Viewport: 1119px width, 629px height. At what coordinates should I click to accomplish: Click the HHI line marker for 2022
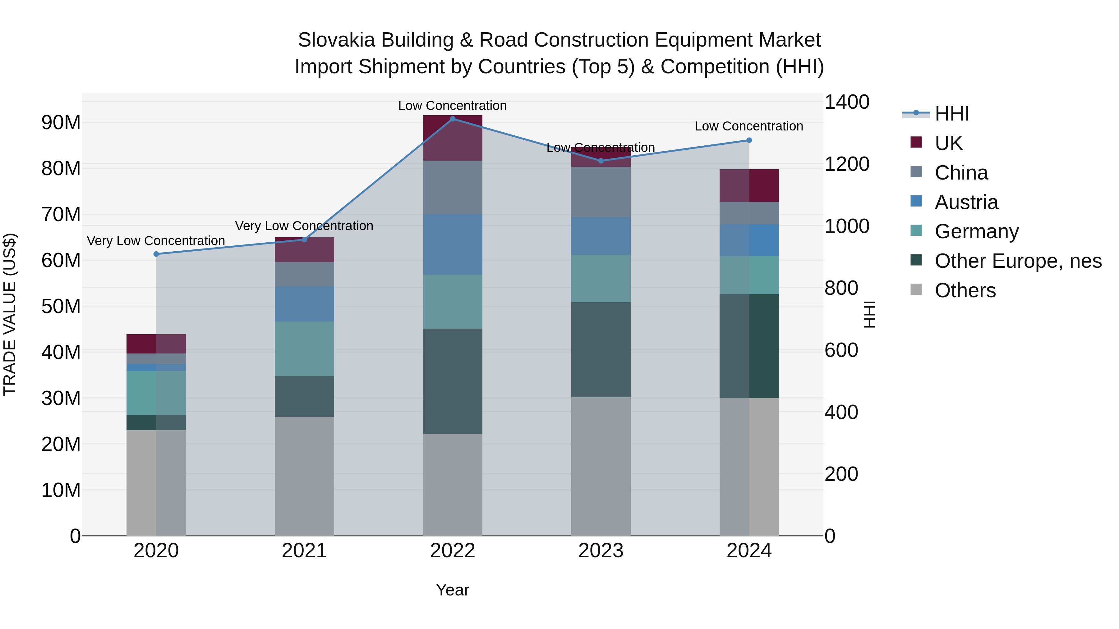452,119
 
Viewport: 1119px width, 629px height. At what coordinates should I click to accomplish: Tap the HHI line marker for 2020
156,254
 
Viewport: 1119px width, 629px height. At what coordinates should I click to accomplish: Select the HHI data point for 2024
749,140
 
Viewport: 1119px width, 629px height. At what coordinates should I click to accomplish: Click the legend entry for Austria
966,202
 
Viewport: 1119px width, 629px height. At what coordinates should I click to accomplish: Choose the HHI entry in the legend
951,114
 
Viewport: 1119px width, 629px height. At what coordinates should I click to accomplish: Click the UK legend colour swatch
916,142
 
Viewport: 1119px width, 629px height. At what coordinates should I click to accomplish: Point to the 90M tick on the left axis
61,123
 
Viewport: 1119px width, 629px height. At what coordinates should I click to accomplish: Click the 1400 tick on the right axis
847,103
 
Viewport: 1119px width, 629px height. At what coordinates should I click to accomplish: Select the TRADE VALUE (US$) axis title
10,314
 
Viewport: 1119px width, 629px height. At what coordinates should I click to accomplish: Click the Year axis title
452,590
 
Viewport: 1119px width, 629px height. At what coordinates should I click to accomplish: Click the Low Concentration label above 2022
452,106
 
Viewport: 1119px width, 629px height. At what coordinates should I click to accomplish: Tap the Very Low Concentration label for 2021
304,226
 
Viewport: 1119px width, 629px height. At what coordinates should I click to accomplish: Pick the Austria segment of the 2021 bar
304,303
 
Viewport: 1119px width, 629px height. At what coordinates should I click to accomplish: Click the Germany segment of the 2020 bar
156,393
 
